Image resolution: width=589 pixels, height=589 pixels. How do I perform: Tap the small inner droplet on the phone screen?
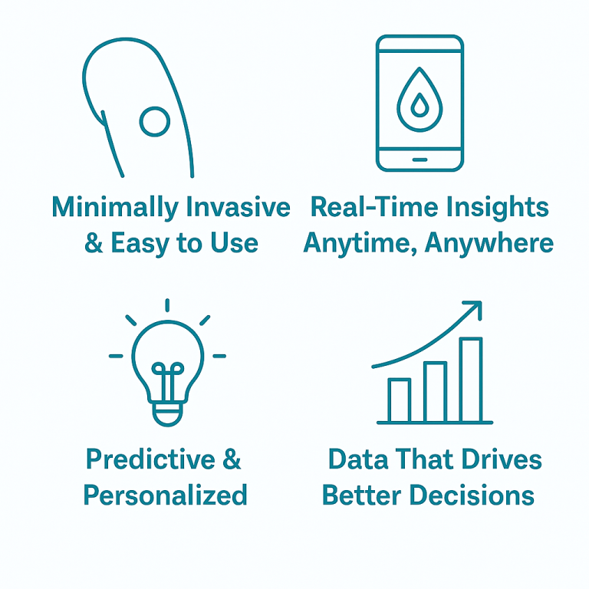420,105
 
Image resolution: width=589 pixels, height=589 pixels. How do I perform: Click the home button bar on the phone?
420,160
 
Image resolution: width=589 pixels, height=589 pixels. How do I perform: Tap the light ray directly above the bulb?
167,305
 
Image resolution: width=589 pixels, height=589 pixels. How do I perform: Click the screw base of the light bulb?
167,414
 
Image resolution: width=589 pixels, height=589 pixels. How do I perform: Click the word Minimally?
115,207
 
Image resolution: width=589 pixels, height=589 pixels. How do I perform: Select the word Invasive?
239,207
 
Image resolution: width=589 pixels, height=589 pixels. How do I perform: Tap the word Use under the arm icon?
234,242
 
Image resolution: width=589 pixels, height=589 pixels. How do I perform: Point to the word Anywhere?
489,243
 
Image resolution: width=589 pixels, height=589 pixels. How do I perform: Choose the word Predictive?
150,459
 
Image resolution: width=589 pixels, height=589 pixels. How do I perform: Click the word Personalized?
166,495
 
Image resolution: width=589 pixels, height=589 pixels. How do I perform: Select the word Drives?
502,459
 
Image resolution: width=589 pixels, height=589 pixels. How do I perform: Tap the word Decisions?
472,495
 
